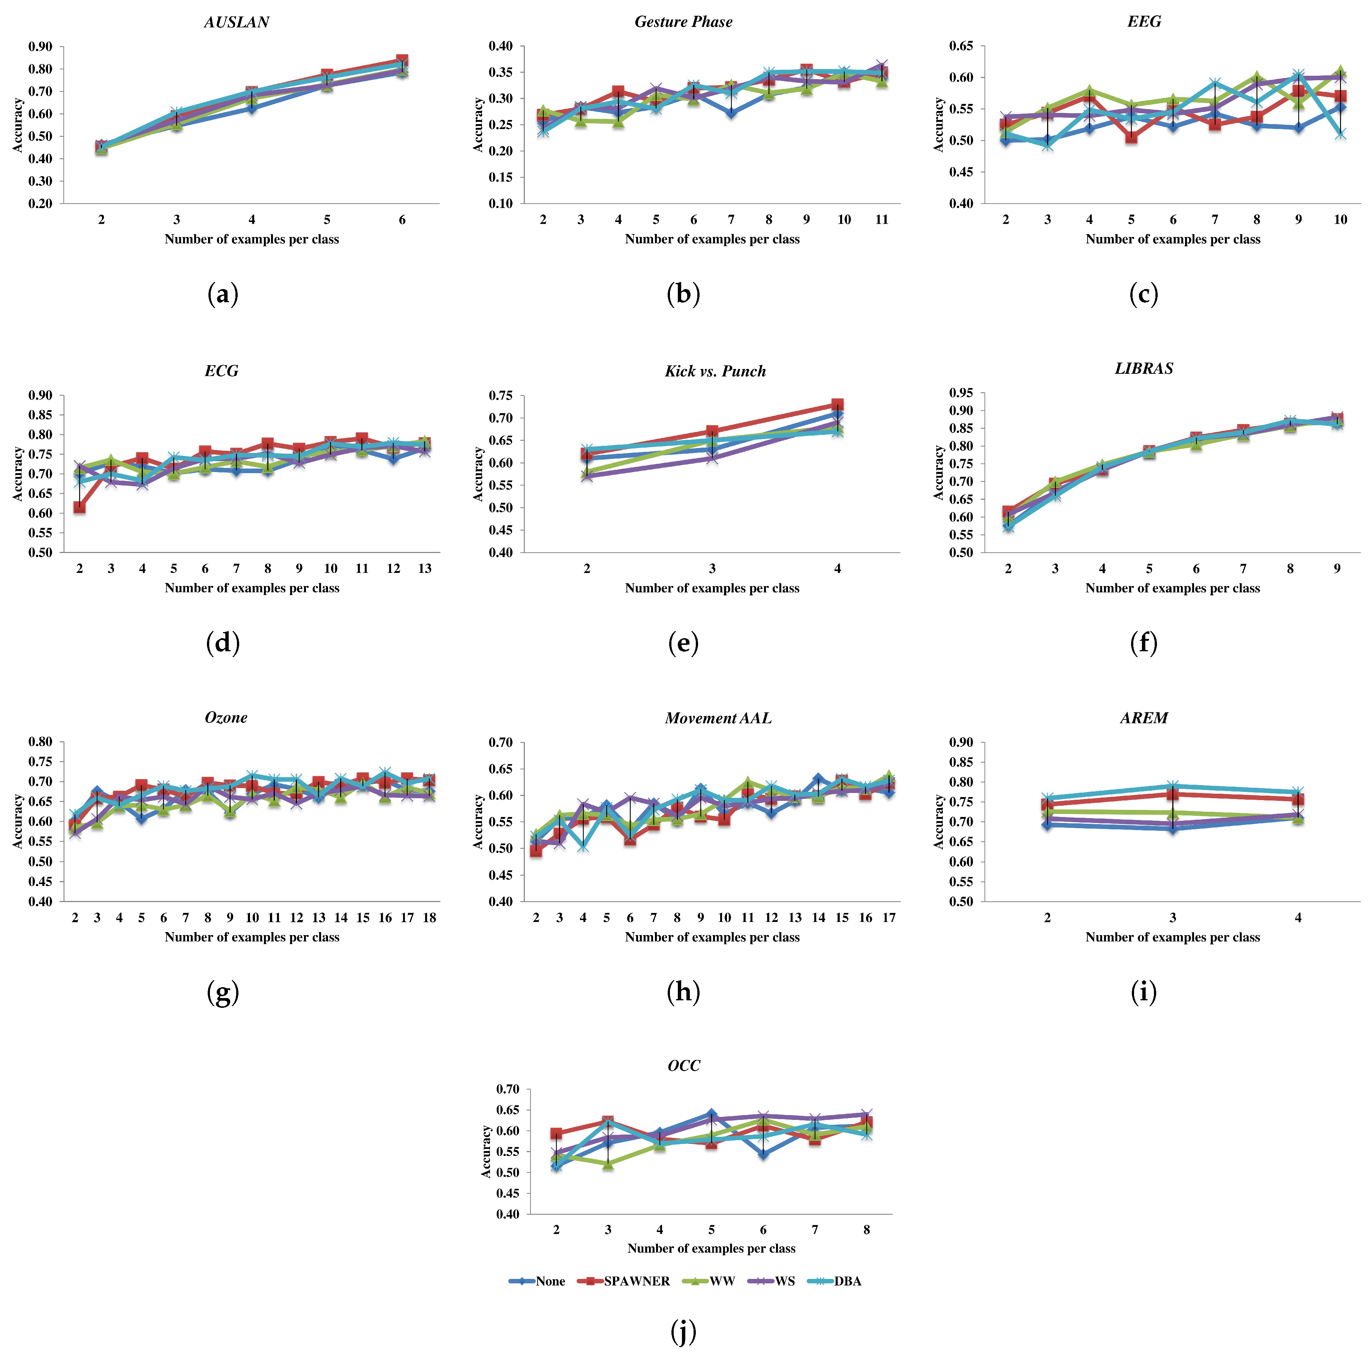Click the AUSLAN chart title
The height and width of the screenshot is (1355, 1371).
[x=236, y=22]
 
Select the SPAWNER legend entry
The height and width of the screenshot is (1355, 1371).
[x=637, y=1281]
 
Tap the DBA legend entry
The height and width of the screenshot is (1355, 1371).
[x=847, y=1281]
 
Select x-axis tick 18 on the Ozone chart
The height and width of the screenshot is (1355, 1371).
[x=429, y=918]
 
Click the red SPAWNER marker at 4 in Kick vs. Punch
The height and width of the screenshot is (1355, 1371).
[x=838, y=405]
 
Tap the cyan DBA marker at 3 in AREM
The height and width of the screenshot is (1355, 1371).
[x=1172, y=787]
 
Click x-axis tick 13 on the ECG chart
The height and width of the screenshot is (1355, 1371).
[x=424, y=568]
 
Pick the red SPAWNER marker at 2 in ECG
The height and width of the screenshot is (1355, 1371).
[x=79, y=508]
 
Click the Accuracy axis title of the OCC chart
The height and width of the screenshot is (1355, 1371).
[x=486, y=1151]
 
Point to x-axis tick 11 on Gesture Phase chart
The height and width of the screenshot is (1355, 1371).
[x=881, y=220]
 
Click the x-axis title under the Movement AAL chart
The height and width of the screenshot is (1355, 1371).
[x=712, y=937]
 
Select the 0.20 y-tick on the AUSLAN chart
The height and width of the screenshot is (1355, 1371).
[x=40, y=204]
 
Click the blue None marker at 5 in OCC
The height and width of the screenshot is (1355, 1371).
[x=711, y=1114]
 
